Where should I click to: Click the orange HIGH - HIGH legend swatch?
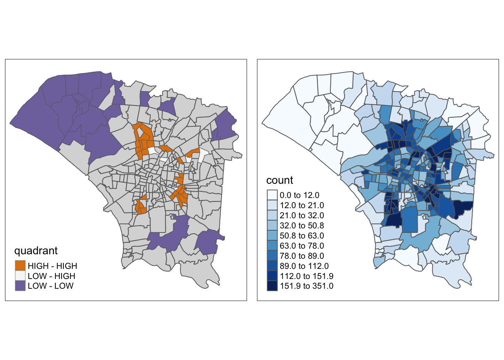(20, 266)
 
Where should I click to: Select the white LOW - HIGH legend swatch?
(20, 276)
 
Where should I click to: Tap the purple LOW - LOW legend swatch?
(20, 286)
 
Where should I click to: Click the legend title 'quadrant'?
(36, 250)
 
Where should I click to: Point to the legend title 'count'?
(280, 180)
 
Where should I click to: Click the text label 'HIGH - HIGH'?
(52, 266)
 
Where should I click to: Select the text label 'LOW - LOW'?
(51, 286)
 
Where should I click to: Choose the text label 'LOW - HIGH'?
(51, 276)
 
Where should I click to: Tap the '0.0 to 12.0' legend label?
(300, 195)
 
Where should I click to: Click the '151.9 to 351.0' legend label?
(306, 286)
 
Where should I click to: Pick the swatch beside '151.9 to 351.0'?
(272, 286)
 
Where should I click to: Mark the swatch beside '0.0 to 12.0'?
(272, 195)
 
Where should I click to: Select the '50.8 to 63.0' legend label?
(302, 235)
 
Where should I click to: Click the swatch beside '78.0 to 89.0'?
(272, 256)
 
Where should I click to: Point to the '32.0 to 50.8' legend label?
(302, 225)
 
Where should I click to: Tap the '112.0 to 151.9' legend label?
(306, 276)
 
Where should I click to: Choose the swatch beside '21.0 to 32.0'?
(272, 215)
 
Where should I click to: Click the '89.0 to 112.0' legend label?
(304, 266)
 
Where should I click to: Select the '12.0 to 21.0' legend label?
(302, 205)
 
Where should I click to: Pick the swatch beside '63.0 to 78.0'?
(272, 246)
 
